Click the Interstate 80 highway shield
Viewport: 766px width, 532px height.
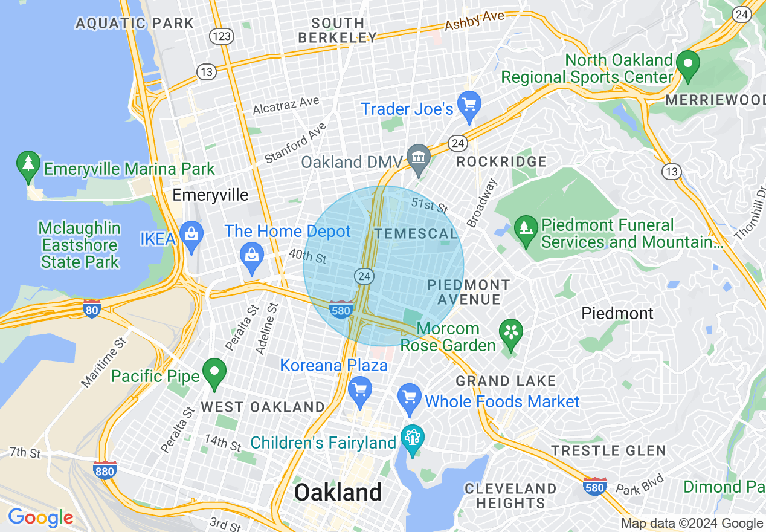point(92,308)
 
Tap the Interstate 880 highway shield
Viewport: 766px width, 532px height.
point(105,470)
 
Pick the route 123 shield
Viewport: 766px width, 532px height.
point(222,36)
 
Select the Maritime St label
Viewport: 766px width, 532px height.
point(103,362)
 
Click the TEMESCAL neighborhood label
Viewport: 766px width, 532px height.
point(416,233)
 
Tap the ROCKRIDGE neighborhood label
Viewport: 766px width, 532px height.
point(501,161)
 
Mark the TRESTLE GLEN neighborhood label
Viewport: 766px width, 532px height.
point(608,450)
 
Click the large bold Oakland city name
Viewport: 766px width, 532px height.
point(338,492)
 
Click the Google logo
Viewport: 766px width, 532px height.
point(40,517)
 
